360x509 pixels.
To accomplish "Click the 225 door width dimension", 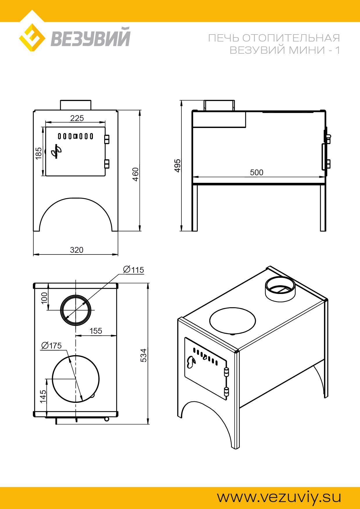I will pos(77,118).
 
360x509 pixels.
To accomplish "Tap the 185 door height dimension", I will pos(39,153).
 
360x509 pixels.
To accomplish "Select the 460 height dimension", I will pos(136,174).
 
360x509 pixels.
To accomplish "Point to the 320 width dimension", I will pos(77,250).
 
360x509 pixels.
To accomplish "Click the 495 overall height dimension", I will pos(177,165).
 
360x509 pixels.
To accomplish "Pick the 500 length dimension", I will pos(257,172).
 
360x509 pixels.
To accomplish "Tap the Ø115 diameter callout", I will pos(134,270).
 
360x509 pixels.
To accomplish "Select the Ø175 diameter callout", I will pos(52,346).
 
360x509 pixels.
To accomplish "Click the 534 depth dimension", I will pos(144,355).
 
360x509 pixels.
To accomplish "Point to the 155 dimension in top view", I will pos(96,331).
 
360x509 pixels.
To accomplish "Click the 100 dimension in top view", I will pos(44,298).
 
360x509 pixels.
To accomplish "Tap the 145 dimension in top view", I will pos(43,396).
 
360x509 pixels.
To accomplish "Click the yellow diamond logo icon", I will pos(32,38).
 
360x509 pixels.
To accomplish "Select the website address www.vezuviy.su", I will pos(279,497).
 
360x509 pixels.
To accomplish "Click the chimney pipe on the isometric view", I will pos(280,289).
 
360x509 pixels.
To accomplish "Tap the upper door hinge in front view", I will pos(107,139).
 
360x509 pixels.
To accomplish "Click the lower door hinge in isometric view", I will pos(226,392).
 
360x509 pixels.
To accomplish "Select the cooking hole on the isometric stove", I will pos(233,321).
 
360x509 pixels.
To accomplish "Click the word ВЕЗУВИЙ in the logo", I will pos(91,37).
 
